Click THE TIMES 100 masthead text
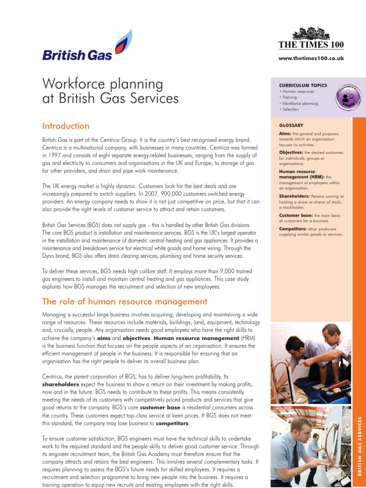pyautogui.click(x=311, y=45)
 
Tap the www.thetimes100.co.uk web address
pyautogui.click(x=311, y=58)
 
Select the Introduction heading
pyautogui.click(x=66, y=126)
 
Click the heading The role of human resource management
pyautogui.click(x=125, y=302)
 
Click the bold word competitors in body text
pyautogui.click(x=173, y=423)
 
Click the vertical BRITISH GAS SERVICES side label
pyautogui.click(x=359, y=446)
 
